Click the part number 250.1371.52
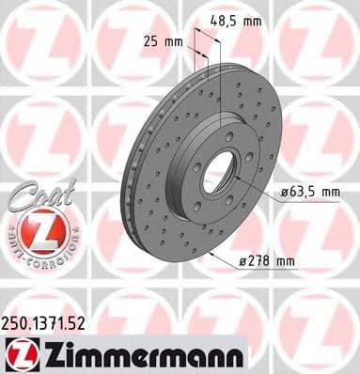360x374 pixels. pyautogui.click(x=46, y=323)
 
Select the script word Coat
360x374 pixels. pyautogui.click(x=35, y=197)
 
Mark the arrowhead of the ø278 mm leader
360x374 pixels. pyautogui.click(x=213, y=253)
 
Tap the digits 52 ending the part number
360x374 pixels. pyautogui.click(x=81, y=323)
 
